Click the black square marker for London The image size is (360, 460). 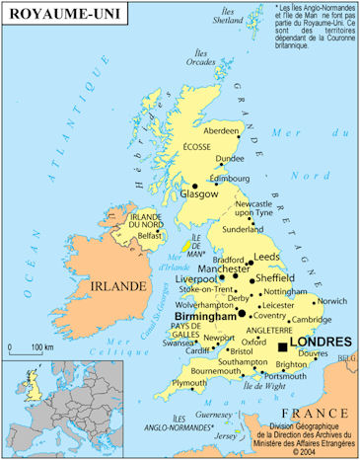pos(284,347)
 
